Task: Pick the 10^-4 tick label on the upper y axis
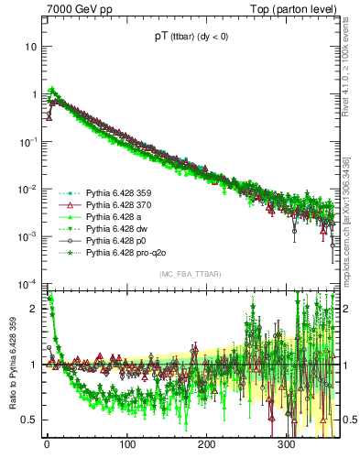click(x=29, y=283)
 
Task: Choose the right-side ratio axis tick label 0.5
click(x=348, y=420)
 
